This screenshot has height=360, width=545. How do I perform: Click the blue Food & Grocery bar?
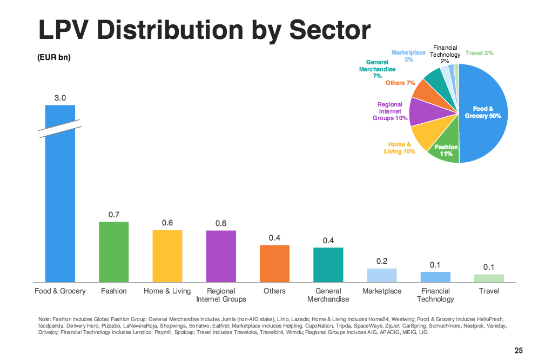click(x=60, y=205)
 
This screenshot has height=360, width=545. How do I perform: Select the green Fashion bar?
click(x=113, y=252)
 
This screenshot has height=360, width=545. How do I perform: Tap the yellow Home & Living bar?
click(x=167, y=256)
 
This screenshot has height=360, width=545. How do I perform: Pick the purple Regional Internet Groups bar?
click(x=221, y=256)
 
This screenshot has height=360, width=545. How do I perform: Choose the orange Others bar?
click(x=274, y=263)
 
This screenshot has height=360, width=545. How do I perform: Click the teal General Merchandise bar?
click(x=328, y=264)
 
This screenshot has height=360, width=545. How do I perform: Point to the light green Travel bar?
click(x=489, y=278)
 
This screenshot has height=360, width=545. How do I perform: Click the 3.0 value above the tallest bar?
click(x=60, y=98)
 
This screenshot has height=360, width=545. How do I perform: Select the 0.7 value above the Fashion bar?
click(x=113, y=215)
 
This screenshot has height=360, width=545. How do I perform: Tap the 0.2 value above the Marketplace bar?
click(x=382, y=261)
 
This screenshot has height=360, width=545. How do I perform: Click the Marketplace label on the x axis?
click(x=382, y=291)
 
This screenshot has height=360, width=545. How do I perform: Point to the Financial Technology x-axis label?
click(x=435, y=295)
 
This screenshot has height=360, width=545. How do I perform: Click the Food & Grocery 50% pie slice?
click(x=483, y=114)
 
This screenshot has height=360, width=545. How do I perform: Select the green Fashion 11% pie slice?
click(x=445, y=150)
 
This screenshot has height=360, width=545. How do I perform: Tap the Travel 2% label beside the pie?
click(x=479, y=53)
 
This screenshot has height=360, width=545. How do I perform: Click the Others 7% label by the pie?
click(x=400, y=83)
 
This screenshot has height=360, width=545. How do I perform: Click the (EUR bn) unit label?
click(x=54, y=58)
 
